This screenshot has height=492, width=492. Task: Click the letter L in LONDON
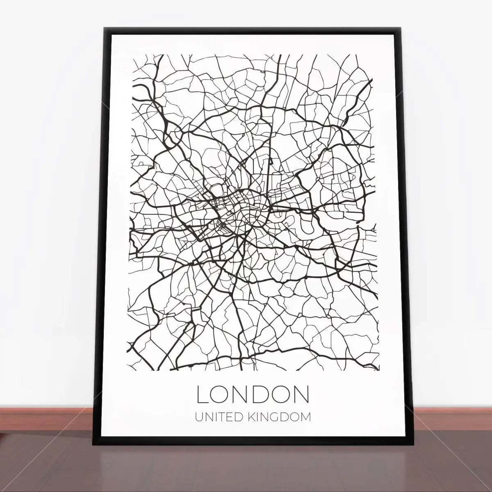pos(203,394)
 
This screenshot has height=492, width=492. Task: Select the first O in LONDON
pos(222,394)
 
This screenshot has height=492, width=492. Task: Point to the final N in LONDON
pos(301,394)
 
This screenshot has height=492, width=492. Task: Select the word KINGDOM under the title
pos(280,417)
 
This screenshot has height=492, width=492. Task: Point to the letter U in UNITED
pos(198,417)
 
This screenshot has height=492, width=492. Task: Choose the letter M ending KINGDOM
pos(305,417)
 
